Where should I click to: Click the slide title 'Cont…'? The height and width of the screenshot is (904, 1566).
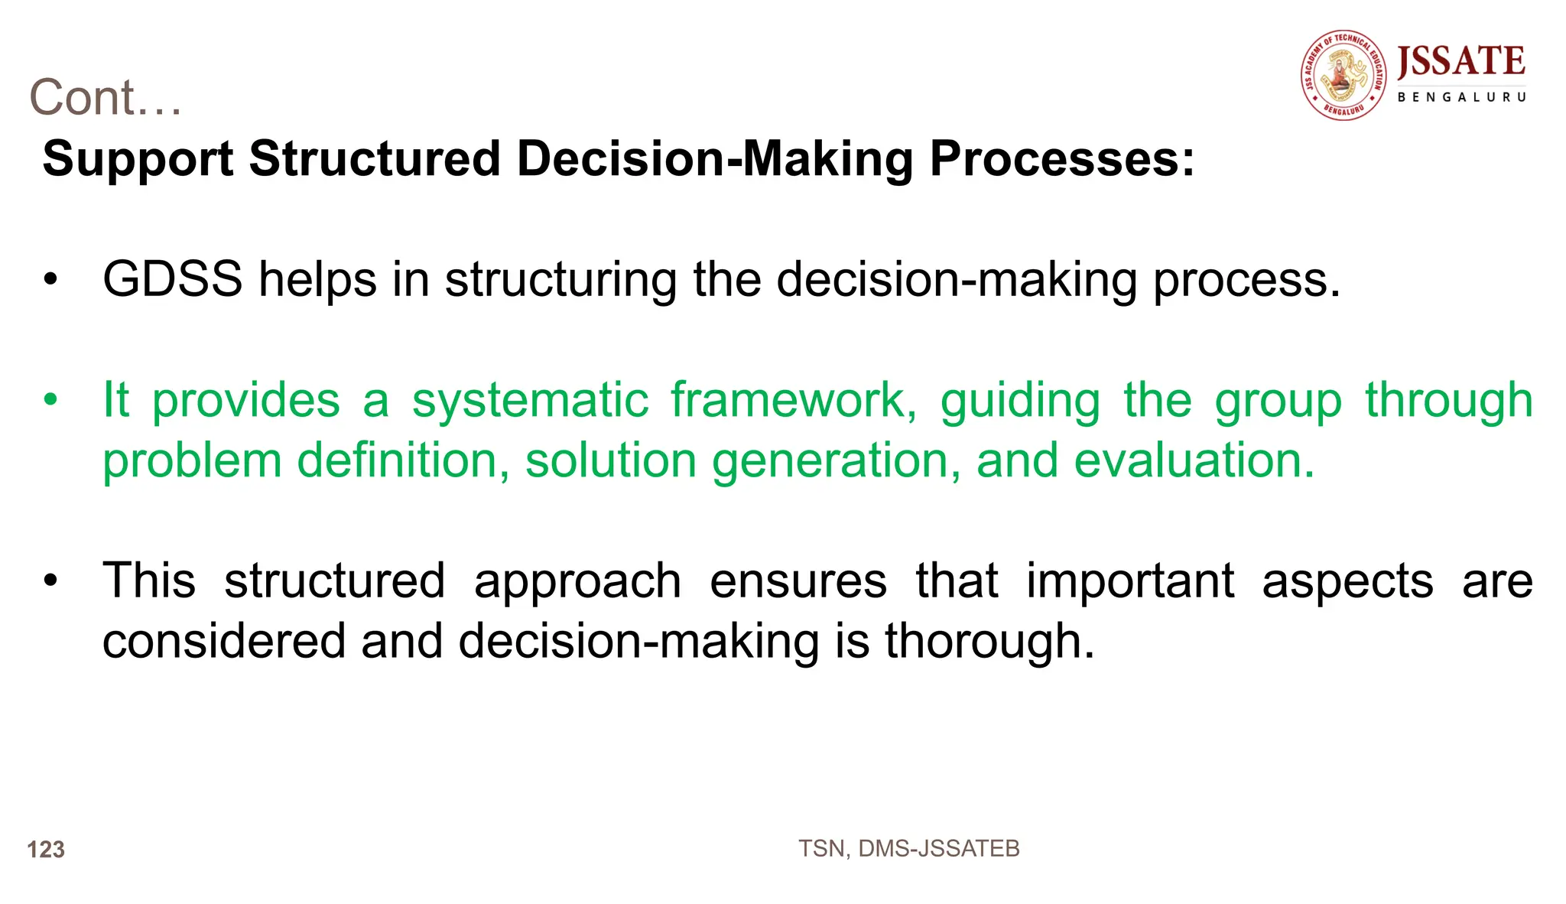106,98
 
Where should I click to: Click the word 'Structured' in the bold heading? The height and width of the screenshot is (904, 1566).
375,159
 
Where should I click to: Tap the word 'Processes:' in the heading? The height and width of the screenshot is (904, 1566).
1061,159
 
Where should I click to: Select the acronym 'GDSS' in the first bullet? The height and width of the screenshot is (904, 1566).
172,279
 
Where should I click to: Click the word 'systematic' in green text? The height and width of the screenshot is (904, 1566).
530,401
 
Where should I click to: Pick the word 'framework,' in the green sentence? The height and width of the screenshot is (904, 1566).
794,401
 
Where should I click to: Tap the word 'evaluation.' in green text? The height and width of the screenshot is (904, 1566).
1194,460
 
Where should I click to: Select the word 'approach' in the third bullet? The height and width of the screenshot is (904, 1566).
577,581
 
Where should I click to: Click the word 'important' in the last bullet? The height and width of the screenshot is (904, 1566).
1129,581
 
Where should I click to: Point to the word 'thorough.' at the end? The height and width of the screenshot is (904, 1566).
989,641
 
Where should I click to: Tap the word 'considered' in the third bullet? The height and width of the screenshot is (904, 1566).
224,641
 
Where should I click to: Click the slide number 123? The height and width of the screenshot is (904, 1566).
46,850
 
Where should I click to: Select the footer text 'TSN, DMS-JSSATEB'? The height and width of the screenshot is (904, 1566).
908,849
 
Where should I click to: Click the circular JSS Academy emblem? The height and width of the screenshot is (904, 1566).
1343,75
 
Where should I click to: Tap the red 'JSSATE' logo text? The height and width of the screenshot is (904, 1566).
1460,61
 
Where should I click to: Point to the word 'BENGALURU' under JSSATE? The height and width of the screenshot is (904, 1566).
1461,97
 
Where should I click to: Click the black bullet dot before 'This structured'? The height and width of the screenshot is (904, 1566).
50,580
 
